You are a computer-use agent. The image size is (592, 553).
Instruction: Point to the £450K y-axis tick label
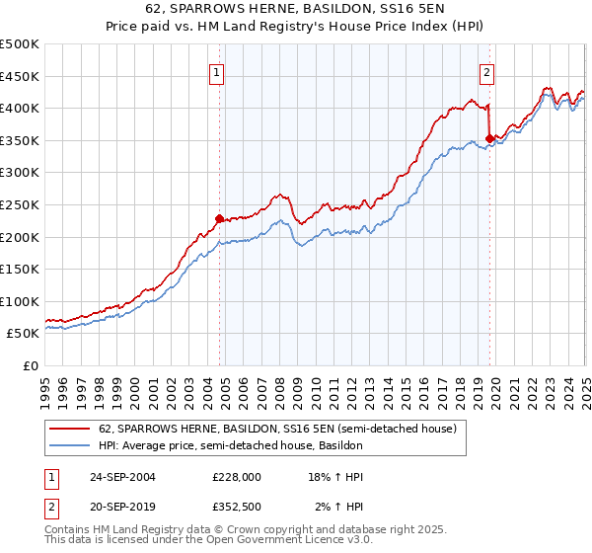coord(20,76)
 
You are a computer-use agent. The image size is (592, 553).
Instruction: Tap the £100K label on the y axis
coord(20,301)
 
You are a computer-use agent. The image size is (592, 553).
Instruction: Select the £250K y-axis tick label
coord(20,204)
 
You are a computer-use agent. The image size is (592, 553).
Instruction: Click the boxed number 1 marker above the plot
coord(216,71)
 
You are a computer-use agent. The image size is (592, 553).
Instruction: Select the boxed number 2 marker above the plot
coord(487,71)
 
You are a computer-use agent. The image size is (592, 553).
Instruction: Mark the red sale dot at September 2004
coord(219,218)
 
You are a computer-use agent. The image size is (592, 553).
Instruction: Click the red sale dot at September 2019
coord(489,138)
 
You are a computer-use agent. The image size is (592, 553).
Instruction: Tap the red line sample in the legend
coord(69,430)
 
